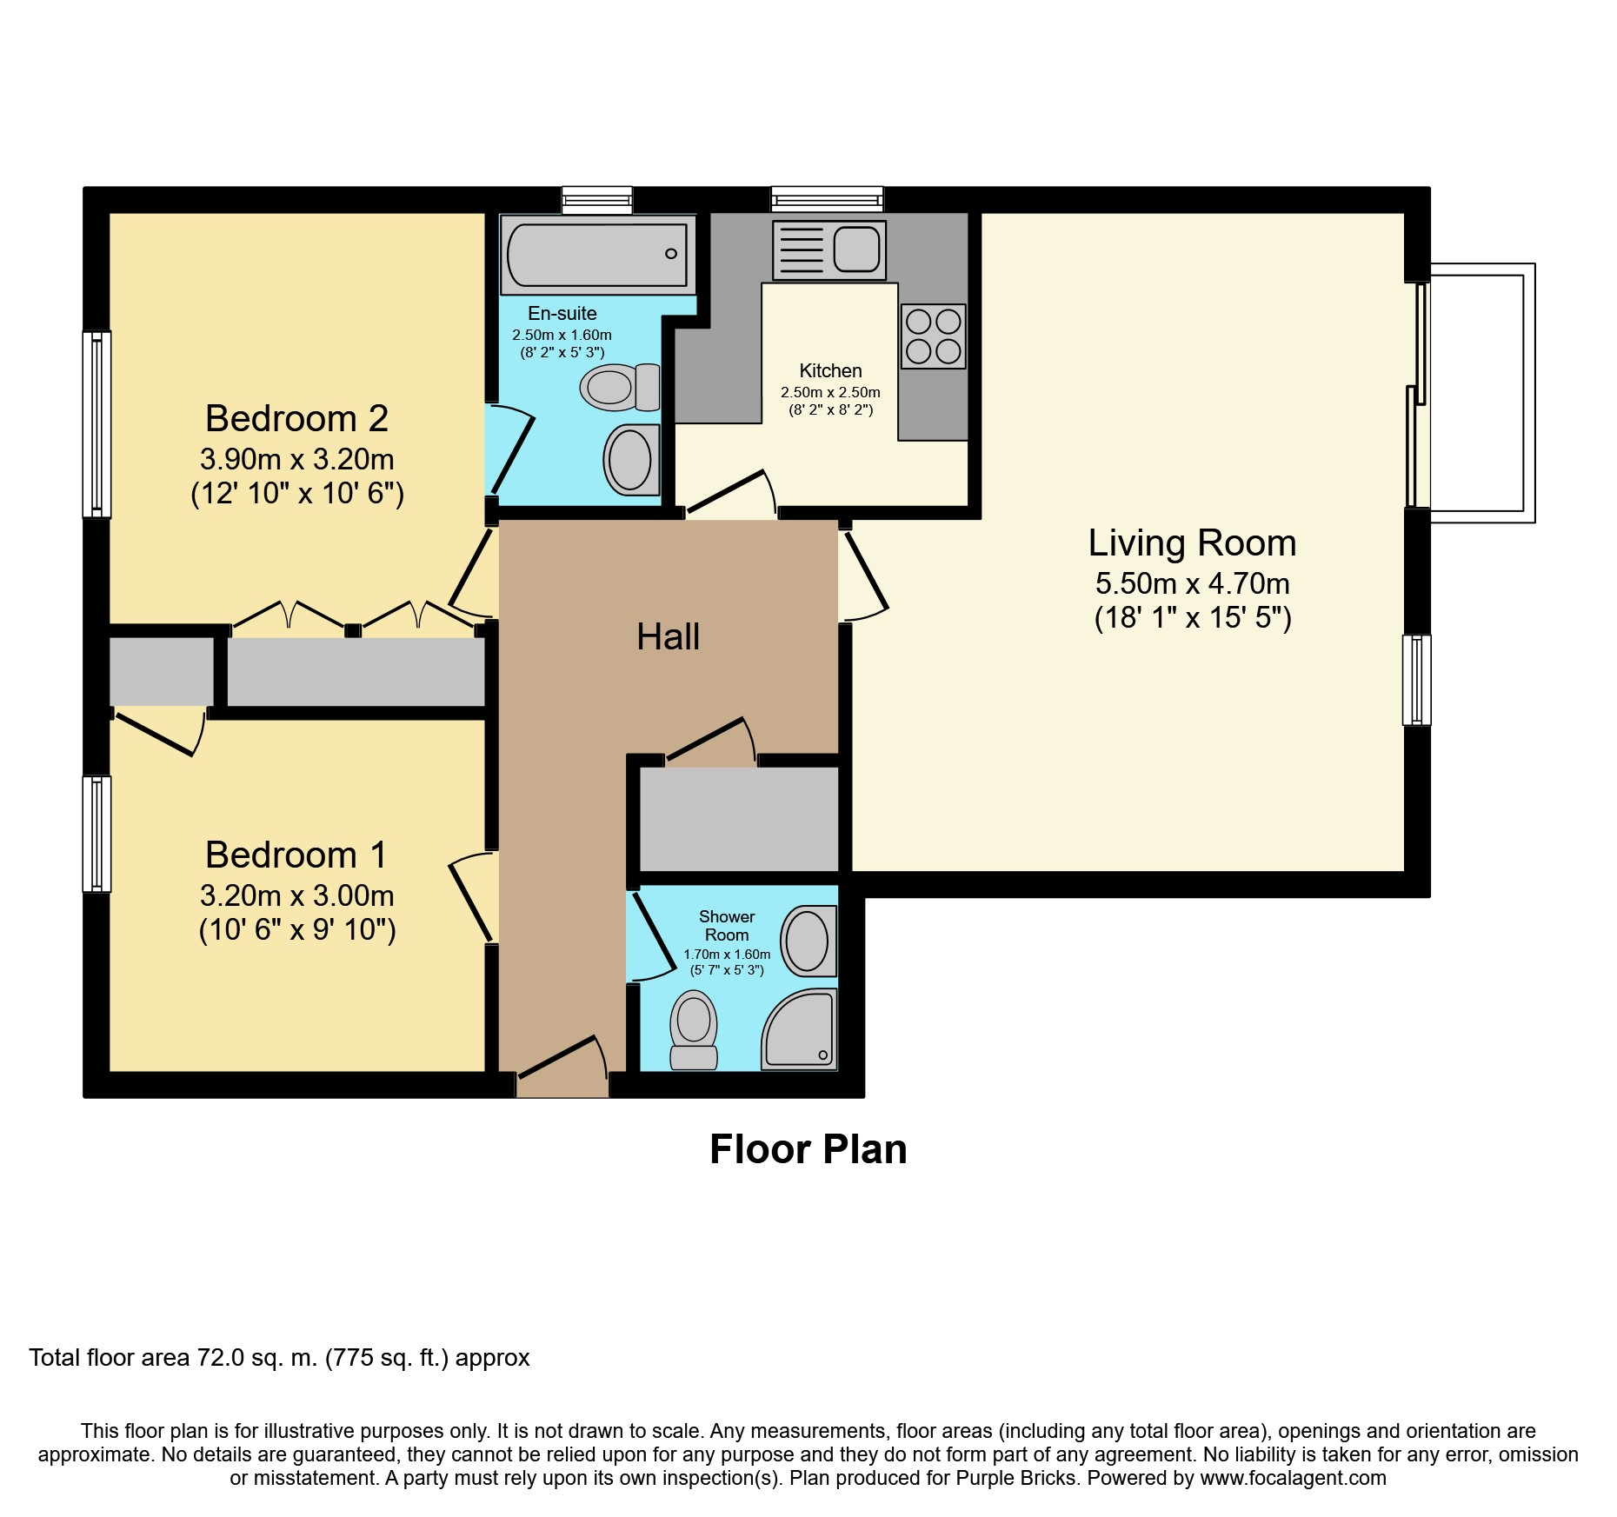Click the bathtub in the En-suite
click(597, 255)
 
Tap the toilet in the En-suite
click(619, 388)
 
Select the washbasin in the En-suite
click(631, 460)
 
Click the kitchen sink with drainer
click(829, 250)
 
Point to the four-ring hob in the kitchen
click(933, 336)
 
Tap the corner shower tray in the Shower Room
click(801, 1030)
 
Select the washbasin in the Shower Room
click(808, 941)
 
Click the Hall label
click(668, 637)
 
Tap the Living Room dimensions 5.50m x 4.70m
click(1192, 583)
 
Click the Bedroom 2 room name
click(296, 419)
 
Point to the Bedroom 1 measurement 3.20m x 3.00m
click(296, 895)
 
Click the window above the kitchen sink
click(828, 200)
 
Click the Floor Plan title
click(808, 1149)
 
